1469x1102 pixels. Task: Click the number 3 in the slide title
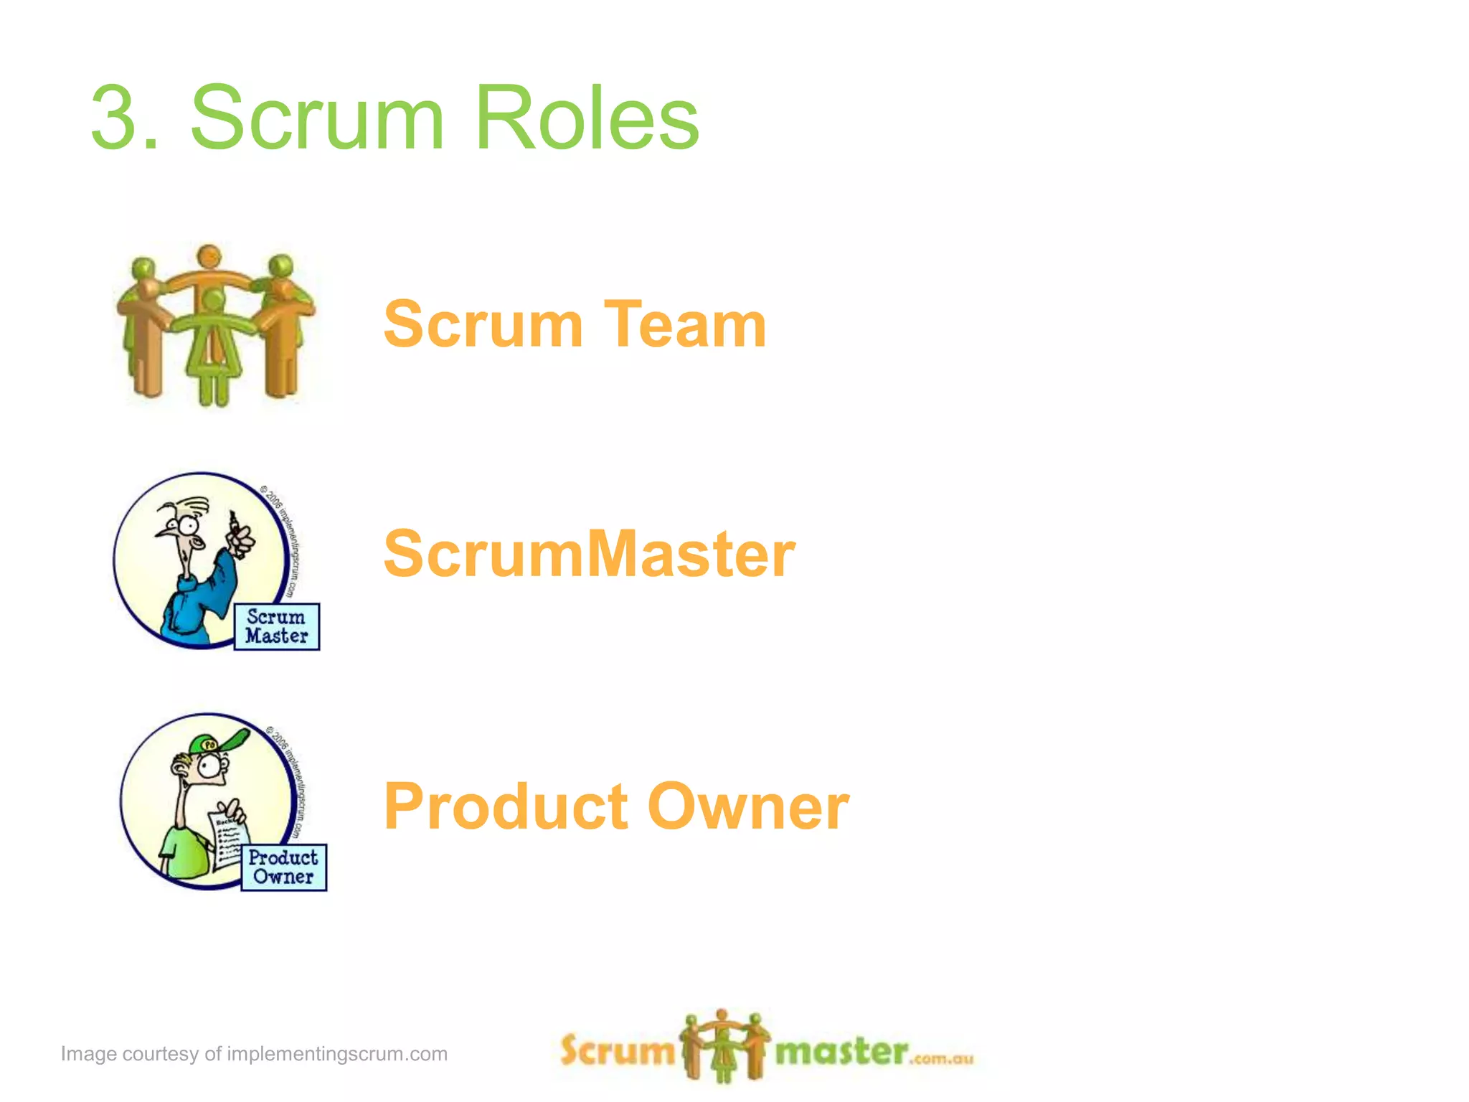tap(116, 117)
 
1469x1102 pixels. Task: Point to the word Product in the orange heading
tap(506, 806)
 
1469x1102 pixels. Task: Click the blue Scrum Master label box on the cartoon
tap(277, 626)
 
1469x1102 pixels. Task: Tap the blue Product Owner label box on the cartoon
tap(283, 867)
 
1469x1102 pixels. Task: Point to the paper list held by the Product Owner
tap(228, 839)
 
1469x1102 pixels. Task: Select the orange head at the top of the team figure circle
tap(209, 256)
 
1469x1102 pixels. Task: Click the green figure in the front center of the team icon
tap(213, 344)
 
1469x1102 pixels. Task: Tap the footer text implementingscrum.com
tap(337, 1054)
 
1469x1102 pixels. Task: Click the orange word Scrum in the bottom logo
tap(617, 1050)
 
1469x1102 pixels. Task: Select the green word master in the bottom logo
tap(841, 1052)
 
